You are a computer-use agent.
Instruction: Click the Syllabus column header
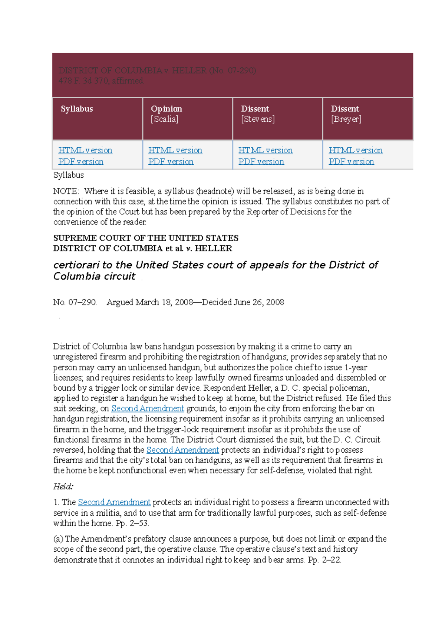coord(77,109)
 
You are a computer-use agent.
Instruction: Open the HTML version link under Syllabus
coord(85,150)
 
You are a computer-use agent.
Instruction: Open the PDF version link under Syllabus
coord(81,162)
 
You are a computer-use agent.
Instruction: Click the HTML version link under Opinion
coord(175,150)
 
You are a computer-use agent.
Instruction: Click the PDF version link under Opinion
coord(171,162)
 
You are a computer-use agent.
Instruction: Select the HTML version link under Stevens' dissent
coord(266,150)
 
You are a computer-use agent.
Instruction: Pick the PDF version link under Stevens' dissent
coord(261,162)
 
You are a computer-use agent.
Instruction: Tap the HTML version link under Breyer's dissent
coord(356,150)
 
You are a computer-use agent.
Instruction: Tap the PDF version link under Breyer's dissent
coord(351,162)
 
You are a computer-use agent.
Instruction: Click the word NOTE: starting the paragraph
coord(66,191)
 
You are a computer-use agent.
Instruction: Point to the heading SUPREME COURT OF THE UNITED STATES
coord(146,238)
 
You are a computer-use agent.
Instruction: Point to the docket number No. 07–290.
coord(75,302)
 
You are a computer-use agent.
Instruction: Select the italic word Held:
coord(63,486)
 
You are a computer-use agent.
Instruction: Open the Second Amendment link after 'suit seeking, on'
coord(148,408)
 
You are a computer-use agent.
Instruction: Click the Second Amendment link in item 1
coord(114,502)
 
